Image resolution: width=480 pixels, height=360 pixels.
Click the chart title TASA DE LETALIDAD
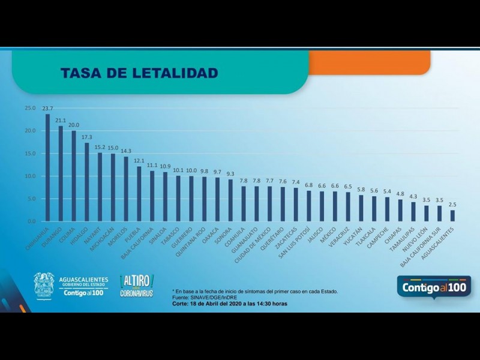click(139, 73)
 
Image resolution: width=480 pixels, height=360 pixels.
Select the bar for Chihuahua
click(47, 168)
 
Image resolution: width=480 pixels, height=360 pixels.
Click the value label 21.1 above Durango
click(61, 120)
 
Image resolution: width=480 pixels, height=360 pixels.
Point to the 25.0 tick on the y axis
click(30, 108)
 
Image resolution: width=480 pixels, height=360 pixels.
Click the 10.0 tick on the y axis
click(30, 176)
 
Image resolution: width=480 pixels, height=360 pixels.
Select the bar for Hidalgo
click(87, 182)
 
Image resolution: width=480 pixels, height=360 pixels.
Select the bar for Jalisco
click(322, 206)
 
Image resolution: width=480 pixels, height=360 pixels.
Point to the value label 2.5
click(452, 205)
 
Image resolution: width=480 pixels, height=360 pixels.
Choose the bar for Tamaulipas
click(413, 212)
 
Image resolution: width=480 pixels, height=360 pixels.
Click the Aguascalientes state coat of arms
click(44, 286)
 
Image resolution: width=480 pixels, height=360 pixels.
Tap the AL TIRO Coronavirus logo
click(137, 286)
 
